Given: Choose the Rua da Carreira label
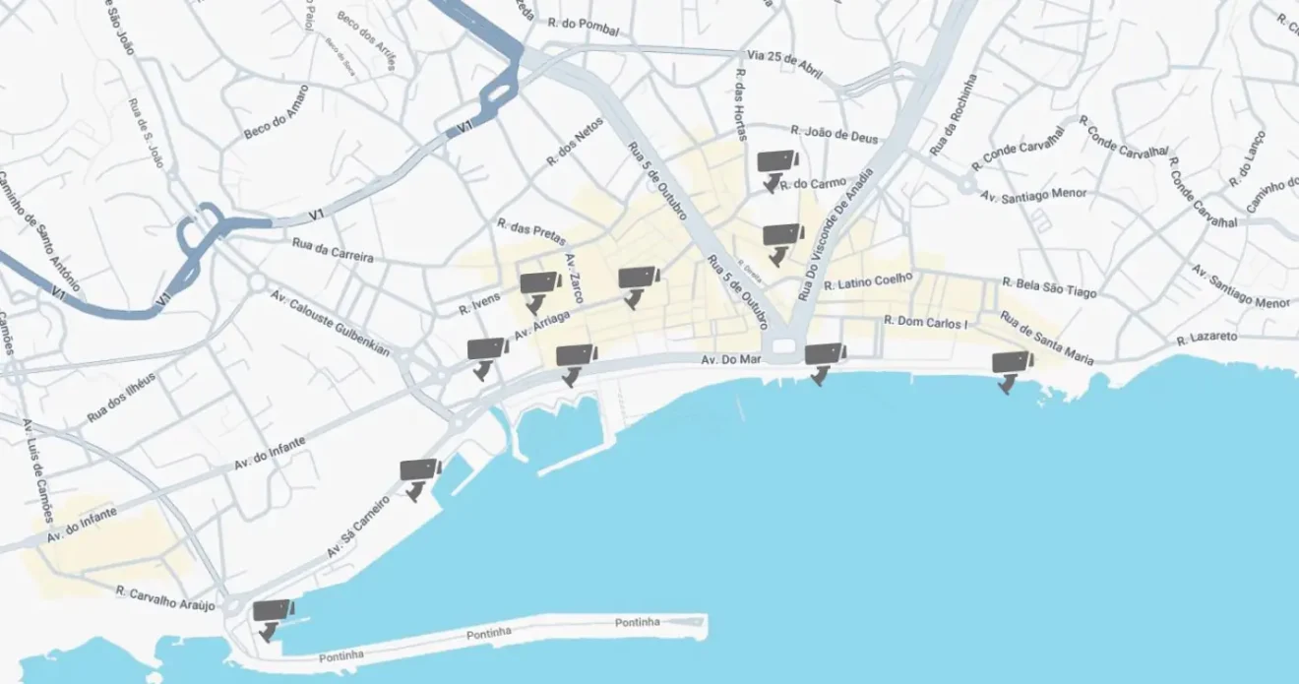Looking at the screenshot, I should click(x=333, y=249).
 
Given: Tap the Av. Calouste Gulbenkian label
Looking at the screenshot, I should click(x=330, y=323).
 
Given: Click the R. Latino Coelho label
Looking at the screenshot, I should click(x=869, y=282).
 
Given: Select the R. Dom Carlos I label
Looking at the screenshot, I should click(x=926, y=322).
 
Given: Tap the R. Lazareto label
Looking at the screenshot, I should click(x=1206, y=338).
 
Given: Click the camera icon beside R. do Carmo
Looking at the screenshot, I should click(x=776, y=167).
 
